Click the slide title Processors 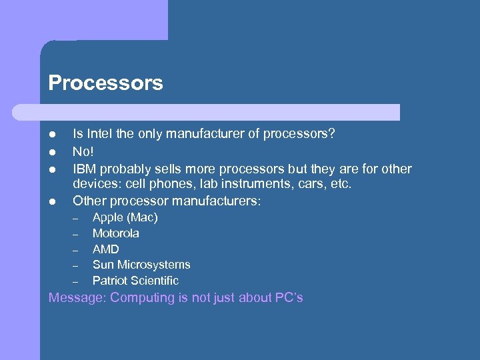click(105, 83)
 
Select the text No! click(83, 151)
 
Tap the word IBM click(85, 169)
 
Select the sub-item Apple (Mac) click(125, 217)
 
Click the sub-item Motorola click(115, 233)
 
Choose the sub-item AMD click(105, 249)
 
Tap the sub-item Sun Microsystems click(141, 265)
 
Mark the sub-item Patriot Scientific click(135, 281)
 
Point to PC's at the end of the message click(289, 297)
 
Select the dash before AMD click(76, 250)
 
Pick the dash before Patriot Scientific click(76, 281)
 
